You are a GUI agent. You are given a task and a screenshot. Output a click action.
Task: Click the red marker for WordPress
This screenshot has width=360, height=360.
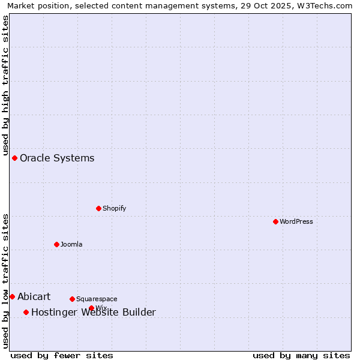click(275, 221)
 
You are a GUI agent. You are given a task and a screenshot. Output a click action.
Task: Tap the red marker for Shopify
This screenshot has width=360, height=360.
click(98, 208)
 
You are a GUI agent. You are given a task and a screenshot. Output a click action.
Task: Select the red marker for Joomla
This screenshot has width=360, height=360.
click(56, 244)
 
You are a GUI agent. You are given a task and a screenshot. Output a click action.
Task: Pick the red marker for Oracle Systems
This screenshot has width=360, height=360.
click(14, 158)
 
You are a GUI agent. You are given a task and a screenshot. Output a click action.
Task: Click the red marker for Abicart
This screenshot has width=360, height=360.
click(12, 296)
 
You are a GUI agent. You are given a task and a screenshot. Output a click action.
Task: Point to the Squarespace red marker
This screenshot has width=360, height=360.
click(72, 299)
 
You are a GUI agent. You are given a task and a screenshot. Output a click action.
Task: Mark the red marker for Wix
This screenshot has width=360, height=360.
click(91, 308)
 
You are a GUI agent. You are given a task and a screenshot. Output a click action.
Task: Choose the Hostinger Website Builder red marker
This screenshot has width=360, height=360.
click(26, 312)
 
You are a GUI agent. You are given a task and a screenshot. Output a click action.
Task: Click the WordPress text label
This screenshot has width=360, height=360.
click(296, 221)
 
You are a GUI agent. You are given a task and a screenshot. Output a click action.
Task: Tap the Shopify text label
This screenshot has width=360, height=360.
click(115, 208)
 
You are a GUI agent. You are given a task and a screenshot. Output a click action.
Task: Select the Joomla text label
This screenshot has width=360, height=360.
click(71, 244)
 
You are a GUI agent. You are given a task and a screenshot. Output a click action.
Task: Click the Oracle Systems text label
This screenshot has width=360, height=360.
click(57, 158)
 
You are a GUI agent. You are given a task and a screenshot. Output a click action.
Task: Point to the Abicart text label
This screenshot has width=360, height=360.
click(34, 296)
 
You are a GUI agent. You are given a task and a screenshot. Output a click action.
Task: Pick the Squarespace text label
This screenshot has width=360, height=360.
click(97, 299)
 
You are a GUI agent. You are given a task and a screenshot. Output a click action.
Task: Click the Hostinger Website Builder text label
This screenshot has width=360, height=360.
click(94, 312)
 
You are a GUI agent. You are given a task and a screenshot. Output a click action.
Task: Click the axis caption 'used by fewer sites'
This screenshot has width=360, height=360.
click(62, 355)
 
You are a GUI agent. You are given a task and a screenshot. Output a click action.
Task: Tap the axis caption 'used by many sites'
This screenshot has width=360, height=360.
click(301, 355)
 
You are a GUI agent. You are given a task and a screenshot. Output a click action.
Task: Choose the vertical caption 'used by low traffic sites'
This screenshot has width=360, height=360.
click(5, 280)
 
